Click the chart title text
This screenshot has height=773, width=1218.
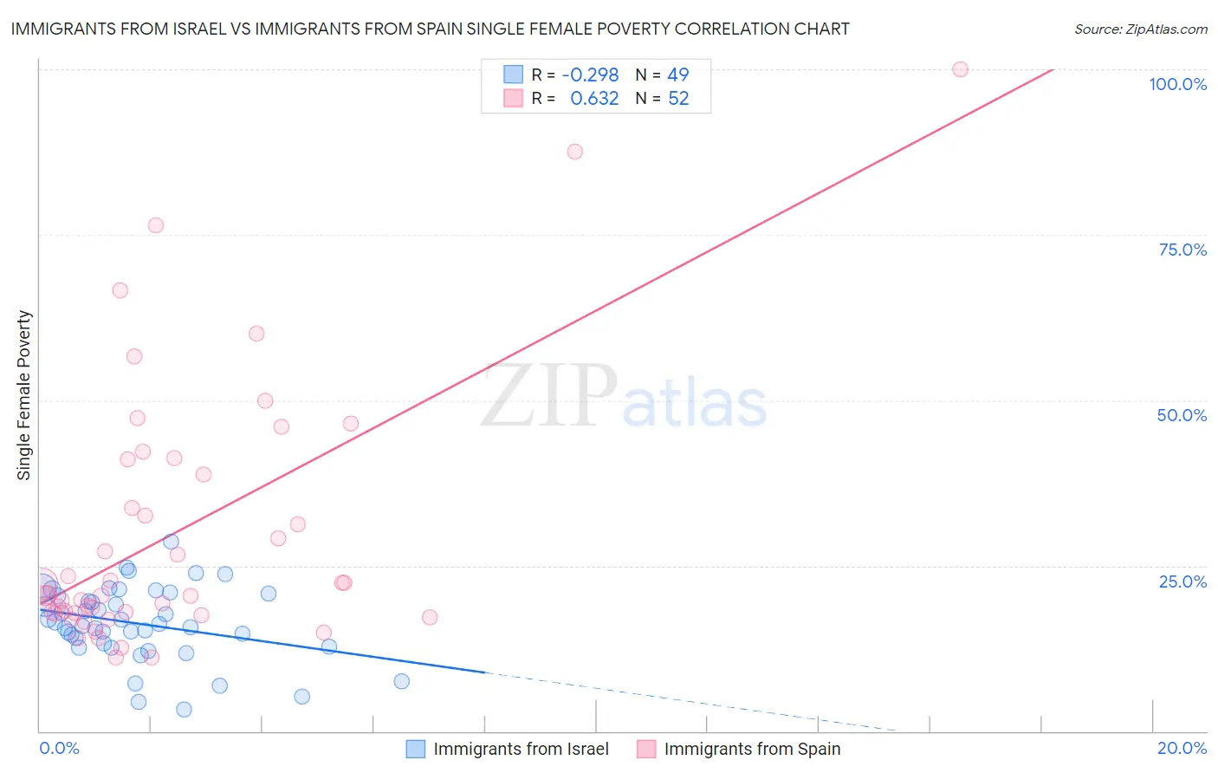point(430,29)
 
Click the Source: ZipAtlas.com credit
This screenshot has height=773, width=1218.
point(1140,29)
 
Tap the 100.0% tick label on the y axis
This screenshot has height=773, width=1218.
point(1177,84)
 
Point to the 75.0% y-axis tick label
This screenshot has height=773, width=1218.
point(1182,250)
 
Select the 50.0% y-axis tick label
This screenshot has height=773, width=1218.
point(1182,415)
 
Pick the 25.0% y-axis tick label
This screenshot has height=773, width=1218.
point(1182,581)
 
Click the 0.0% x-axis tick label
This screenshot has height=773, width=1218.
point(59,748)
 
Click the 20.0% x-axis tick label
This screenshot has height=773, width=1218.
point(1182,748)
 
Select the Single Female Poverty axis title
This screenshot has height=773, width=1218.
point(24,395)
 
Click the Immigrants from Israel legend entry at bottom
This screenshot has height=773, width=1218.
point(521,749)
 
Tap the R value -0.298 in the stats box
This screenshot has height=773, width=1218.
point(590,75)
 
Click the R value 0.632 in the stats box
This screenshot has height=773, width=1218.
point(594,99)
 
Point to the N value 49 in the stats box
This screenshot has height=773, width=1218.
point(678,75)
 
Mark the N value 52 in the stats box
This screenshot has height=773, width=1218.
point(678,99)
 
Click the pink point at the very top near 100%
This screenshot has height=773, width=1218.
point(960,69)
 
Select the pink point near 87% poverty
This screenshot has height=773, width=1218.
point(574,152)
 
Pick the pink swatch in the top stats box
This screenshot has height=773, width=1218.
point(514,98)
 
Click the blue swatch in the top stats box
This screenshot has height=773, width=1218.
point(514,75)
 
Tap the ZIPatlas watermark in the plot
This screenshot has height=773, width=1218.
point(624,397)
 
